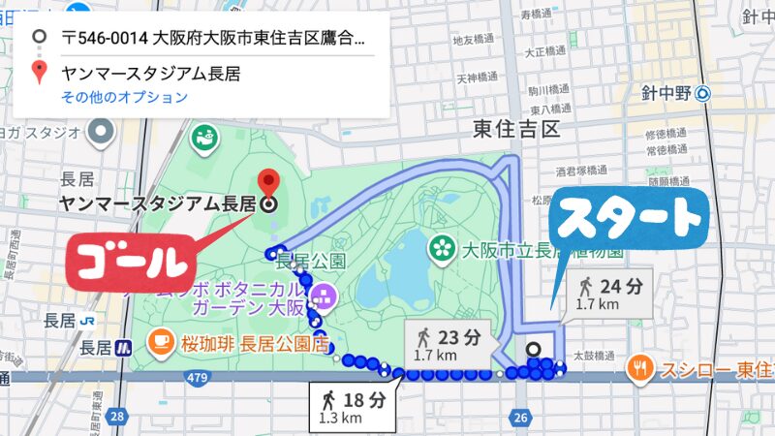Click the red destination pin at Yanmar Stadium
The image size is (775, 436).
coord(269,181)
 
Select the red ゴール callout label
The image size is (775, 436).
coord(129,261)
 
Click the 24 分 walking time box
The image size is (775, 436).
coord(610,293)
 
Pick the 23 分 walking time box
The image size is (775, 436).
coord(447,344)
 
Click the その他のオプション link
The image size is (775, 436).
coord(124,97)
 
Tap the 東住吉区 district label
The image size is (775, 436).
coord(516,129)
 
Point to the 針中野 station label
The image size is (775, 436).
coord(669,93)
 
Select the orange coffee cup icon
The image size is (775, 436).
coord(159,341)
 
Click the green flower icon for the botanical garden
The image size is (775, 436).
coord(443,247)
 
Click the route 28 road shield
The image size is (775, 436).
coord(116,416)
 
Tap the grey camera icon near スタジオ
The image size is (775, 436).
coord(101,132)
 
